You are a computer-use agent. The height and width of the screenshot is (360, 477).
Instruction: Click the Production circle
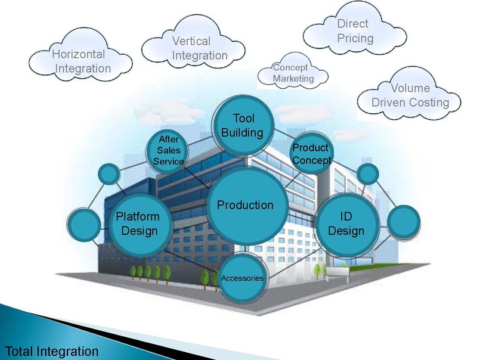click(x=247, y=205)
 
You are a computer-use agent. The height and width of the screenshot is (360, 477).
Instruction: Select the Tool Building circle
click(x=243, y=126)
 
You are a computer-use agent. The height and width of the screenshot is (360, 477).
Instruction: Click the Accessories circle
click(x=243, y=278)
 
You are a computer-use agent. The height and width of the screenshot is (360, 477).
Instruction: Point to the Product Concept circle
click(x=311, y=154)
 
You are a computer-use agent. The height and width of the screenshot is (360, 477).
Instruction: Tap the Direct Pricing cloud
click(x=355, y=29)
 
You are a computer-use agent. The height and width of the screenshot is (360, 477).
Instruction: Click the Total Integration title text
click(x=52, y=351)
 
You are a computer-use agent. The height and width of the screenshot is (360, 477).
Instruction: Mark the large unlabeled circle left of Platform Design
click(x=83, y=225)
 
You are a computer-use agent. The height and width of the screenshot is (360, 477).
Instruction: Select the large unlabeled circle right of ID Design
click(x=404, y=222)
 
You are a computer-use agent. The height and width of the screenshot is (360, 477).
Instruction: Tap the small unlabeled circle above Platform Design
click(x=109, y=174)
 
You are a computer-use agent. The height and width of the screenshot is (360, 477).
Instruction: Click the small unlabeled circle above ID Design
click(x=368, y=174)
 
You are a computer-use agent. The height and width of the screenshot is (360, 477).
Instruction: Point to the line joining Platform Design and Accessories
click(x=191, y=260)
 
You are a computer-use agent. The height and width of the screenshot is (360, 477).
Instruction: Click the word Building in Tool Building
click(x=242, y=133)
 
